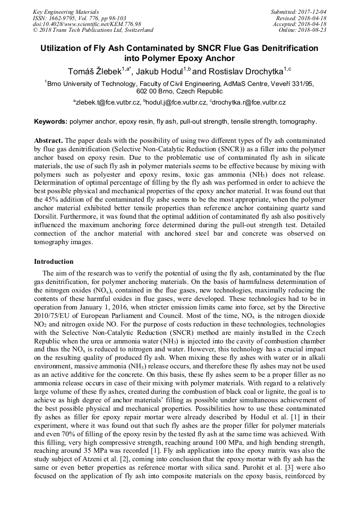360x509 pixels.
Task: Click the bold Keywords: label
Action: coord(51,122)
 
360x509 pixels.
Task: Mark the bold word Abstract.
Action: coord(48,141)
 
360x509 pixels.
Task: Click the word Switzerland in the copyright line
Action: coord(136,30)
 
